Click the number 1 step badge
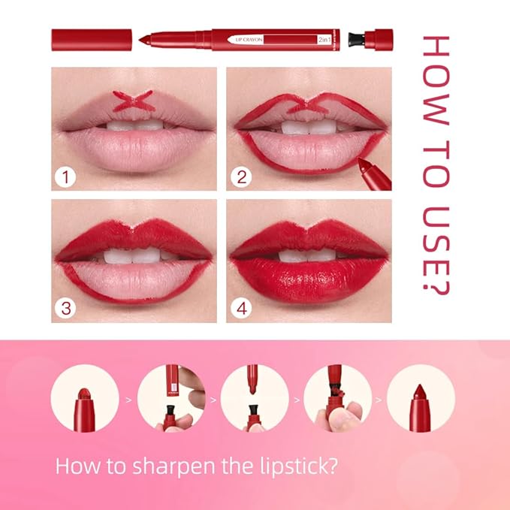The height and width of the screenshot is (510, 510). [x=67, y=177]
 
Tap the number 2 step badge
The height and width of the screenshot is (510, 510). [x=242, y=177]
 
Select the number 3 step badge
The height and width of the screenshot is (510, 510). [x=67, y=308]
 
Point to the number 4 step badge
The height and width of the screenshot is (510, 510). [x=242, y=308]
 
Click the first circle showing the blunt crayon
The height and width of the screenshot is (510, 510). [x=85, y=397]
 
